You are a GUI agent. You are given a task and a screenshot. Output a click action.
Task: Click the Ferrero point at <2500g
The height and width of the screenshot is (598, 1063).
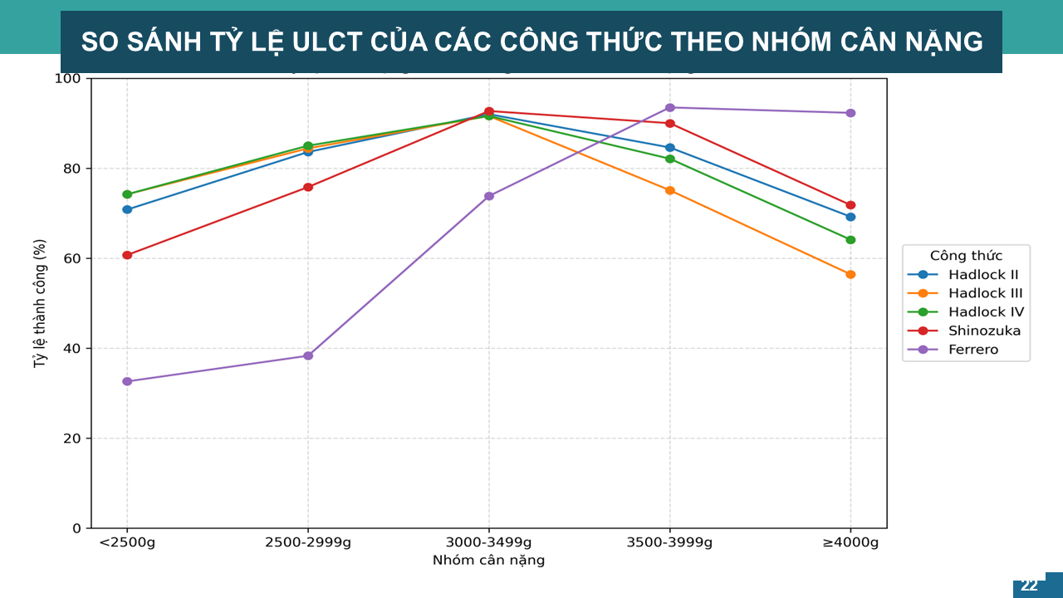click(x=127, y=381)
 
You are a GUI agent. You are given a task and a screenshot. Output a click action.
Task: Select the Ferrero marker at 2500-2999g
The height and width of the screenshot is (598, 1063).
click(x=308, y=355)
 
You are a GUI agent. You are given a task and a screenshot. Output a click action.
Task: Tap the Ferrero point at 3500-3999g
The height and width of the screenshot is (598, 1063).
click(x=670, y=107)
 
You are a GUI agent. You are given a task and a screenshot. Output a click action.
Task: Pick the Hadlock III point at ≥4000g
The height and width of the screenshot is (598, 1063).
click(x=850, y=274)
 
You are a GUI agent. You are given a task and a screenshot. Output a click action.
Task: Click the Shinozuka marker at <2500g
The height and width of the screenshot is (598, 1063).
click(x=127, y=255)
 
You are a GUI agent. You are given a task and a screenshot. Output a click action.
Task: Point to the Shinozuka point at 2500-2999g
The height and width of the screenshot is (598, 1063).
click(x=308, y=187)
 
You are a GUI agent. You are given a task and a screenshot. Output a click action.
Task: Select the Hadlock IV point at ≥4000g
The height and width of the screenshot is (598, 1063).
click(x=850, y=240)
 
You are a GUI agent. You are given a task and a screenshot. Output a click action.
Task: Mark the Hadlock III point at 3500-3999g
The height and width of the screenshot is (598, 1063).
click(x=670, y=190)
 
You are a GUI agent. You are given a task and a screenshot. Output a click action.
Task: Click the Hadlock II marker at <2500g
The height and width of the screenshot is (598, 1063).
click(x=127, y=209)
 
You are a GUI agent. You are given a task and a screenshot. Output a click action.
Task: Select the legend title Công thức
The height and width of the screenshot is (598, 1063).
click(x=966, y=256)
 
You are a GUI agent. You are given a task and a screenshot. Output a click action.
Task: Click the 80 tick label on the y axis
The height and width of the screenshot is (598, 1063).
click(x=74, y=169)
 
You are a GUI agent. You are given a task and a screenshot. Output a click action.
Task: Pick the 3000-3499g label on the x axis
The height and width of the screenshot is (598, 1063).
click(x=488, y=543)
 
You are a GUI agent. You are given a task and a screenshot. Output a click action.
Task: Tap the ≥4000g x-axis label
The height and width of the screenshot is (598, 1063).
click(x=850, y=543)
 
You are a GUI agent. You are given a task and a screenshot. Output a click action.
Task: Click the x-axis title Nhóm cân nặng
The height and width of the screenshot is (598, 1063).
click(x=488, y=561)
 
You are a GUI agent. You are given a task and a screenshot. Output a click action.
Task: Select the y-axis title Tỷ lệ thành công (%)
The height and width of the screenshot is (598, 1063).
click(x=39, y=303)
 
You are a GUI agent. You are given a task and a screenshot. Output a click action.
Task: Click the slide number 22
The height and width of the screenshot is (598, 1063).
click(x=1029, y=586)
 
